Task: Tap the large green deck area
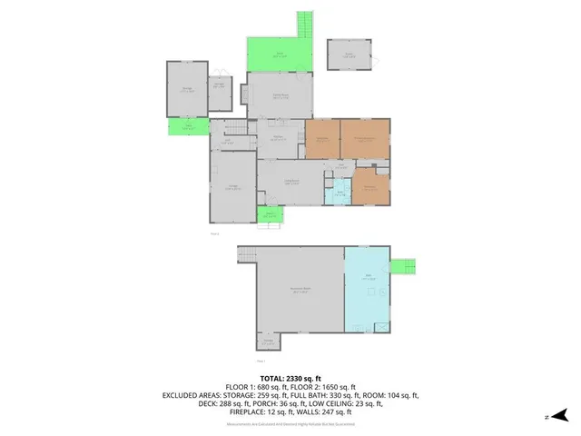280,55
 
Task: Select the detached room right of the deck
350,55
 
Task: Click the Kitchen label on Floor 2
280,138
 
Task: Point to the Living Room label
292,183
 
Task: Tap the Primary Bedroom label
365,138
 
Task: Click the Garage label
232,187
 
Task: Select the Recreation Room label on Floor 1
298,290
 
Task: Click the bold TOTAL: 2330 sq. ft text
290,377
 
